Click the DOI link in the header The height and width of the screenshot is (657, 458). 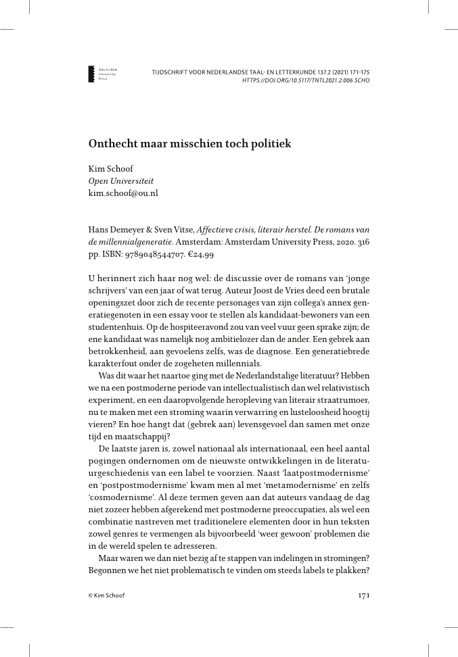coord(305,80)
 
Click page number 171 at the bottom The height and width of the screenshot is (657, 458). coord(362,595)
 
